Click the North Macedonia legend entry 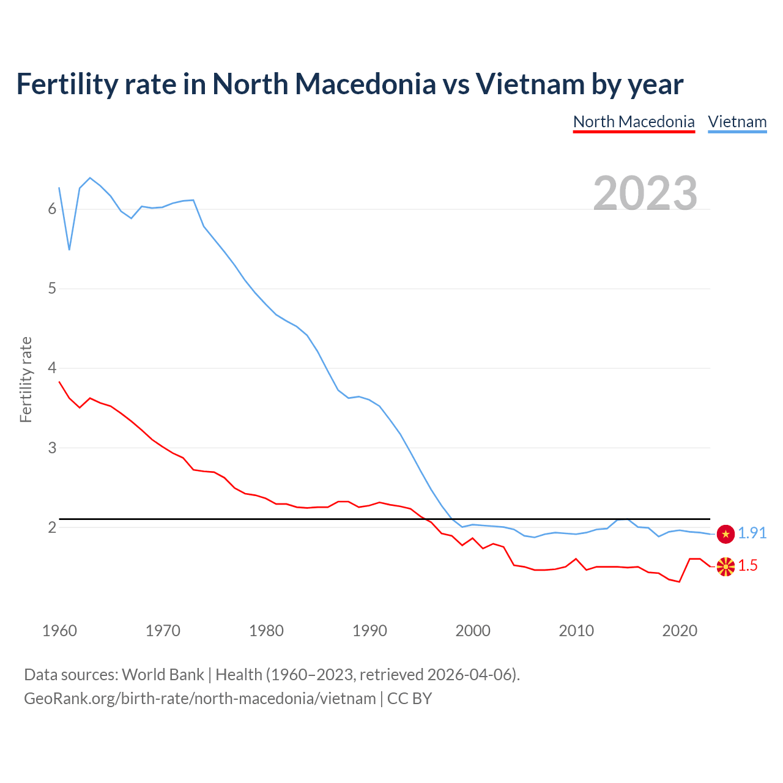click(x=634, y=122)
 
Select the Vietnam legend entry click(x=737, y=122)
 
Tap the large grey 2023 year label click(x=645, y=193)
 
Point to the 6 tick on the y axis click(x=52, y=209)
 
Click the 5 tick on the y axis click(x=52, y=288)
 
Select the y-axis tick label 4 click(x=52, y=368)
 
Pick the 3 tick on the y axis click(x=52, y=448)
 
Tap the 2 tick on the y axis click(x=52, y=527)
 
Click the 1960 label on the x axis click(x=59, y=631)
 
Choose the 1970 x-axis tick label click(x=163, y=631)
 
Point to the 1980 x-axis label click(x=266, y=631)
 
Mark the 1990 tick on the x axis click(x=369, y=631)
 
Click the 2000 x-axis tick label click(x=473, y=631)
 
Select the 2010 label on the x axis click(x=576, y=631)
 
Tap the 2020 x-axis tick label click(x=680, y=631)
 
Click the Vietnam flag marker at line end click(x=725, y=534)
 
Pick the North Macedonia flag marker click(x=725, y=566)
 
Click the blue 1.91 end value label click(x=752, y=533)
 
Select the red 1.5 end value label click(x=748, y=566)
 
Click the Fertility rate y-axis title click(x=26, y=379)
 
